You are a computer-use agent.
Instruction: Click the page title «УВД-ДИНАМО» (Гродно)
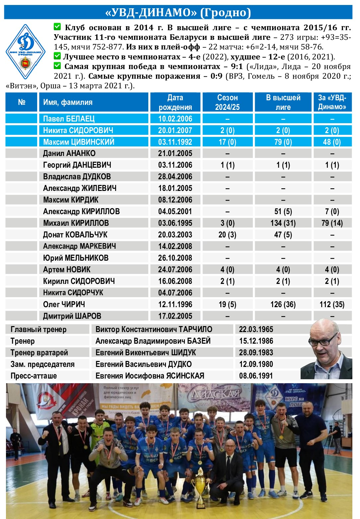click(178, 12)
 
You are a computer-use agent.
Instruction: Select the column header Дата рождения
click(175, 102)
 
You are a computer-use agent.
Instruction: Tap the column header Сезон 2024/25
click(227, 102)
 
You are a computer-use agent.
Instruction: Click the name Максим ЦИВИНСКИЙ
click(79, 142)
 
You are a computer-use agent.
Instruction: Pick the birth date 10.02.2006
click(175, 119)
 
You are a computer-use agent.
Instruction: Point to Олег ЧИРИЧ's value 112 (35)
click(332, 304)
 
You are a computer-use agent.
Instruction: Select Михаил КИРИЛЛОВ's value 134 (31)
click(283, 223)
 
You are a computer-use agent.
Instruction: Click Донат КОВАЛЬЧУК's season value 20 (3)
click(227, 235)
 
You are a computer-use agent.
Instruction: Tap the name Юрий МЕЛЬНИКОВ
click(76, 258)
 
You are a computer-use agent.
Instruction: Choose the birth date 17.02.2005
click(175, 316)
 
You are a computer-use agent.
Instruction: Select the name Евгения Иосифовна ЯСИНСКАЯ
click(150, 376)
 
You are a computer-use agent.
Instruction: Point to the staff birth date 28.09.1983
click(256, 353)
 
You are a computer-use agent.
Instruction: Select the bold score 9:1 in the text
click(237, 66)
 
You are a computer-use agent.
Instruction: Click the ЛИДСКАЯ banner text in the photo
click(214, 394)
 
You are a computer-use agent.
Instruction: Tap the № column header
click(22, 102)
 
